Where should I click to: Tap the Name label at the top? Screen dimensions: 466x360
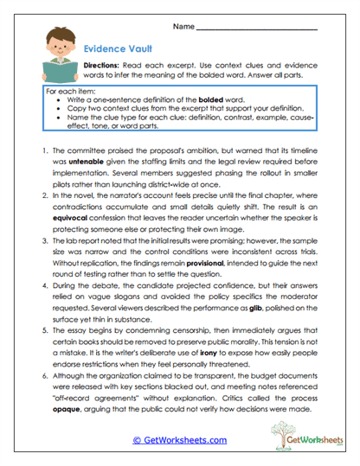pos(183,28)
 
